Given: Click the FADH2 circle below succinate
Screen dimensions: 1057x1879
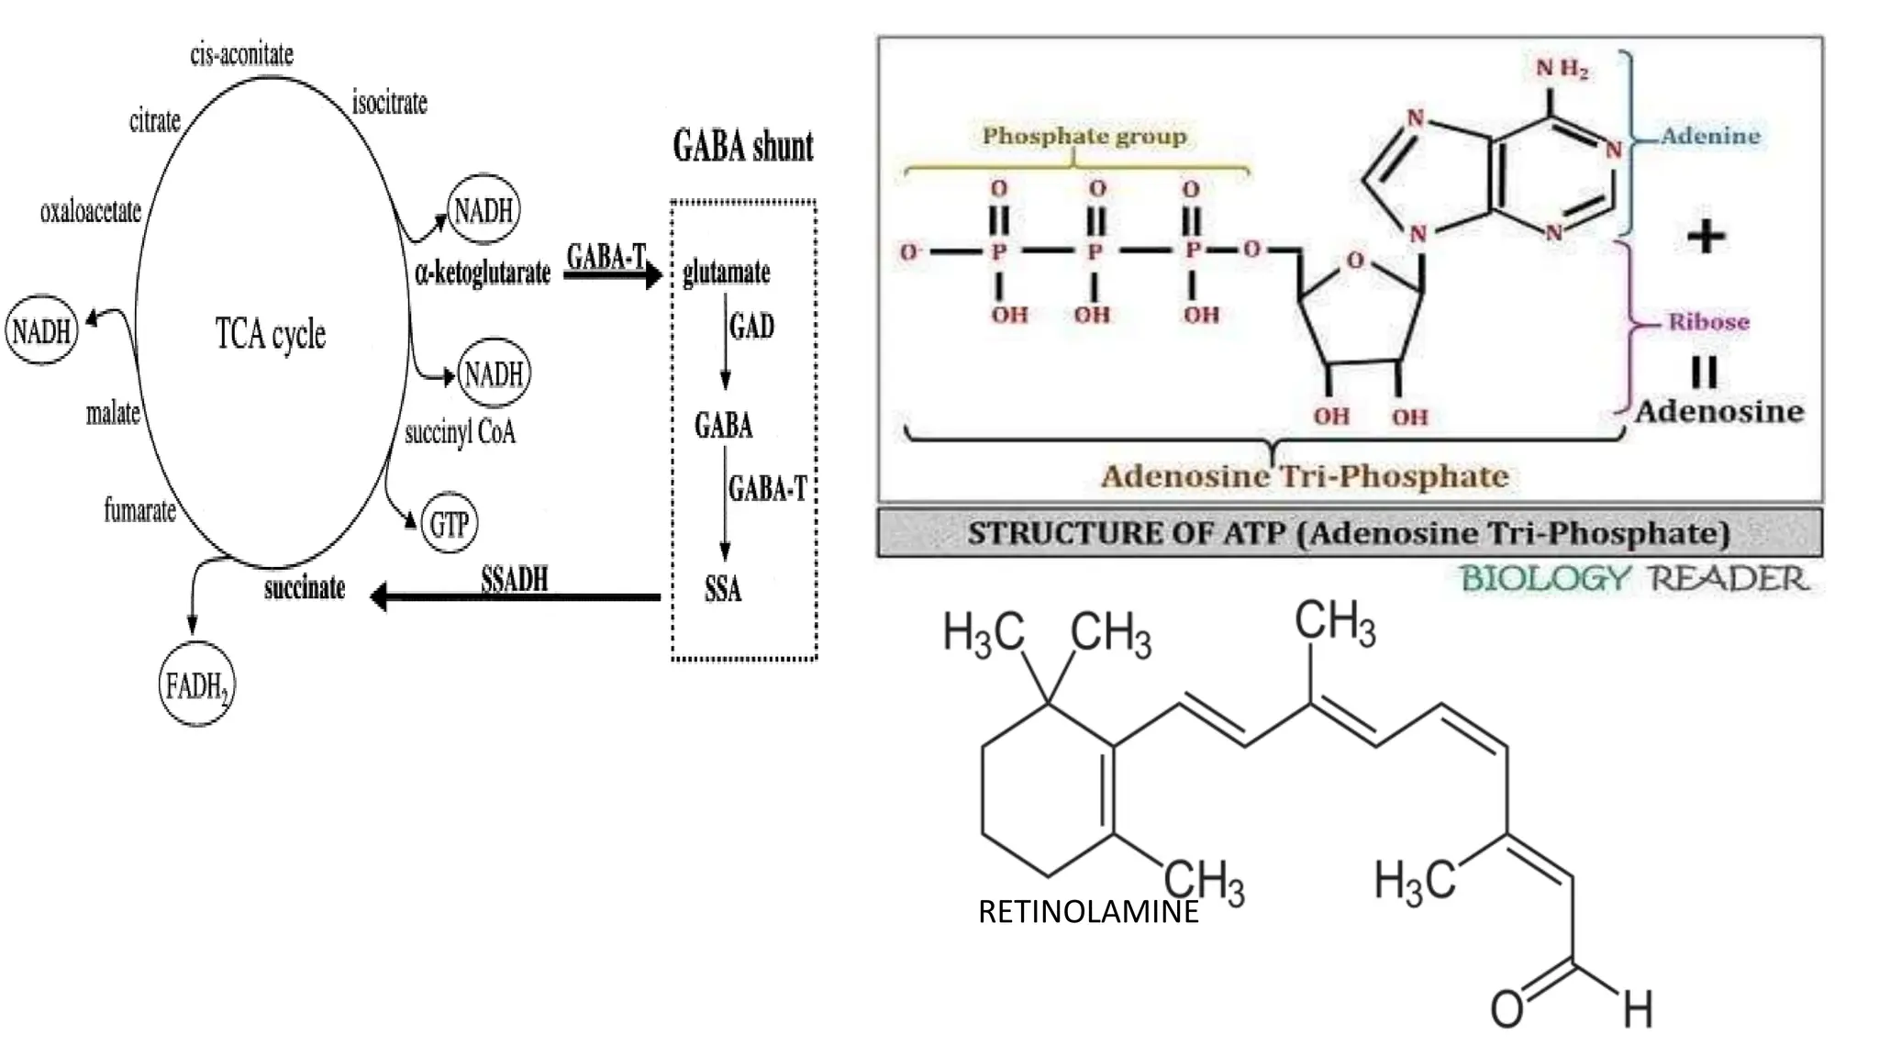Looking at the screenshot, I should (x=196, y=684).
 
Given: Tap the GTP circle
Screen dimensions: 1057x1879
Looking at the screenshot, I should (x=450, y=524).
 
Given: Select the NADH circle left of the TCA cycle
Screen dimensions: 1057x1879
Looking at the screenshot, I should (x=41, y=330).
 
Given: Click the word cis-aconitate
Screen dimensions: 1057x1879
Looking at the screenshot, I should (x=241, y=54).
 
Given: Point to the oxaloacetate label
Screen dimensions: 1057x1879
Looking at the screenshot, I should (x=90, y=212).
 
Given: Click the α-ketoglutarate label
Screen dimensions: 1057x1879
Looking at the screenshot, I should (x=483, y=273).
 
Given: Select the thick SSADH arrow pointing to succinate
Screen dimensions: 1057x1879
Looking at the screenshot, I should (x=515, y=597).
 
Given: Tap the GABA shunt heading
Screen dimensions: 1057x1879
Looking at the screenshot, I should (x=743, y=147).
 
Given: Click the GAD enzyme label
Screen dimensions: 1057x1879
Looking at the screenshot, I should (x=751, y=326).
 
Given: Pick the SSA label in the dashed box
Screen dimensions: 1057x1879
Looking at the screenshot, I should (x=723, y=589).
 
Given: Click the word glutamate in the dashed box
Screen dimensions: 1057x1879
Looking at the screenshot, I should (x=726, y=273).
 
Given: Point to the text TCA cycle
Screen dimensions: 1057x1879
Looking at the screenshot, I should (x=271, y=333).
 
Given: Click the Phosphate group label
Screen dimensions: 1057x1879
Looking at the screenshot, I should (x=1084, y=136).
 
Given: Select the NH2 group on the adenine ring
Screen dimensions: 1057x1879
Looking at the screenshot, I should (x=1562, y=69).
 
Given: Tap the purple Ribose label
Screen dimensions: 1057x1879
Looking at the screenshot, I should (x=1708, y=322).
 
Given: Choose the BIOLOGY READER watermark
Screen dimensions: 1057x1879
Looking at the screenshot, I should (x=1634, y=579).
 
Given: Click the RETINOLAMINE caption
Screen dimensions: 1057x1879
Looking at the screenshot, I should (x=1088, y=912).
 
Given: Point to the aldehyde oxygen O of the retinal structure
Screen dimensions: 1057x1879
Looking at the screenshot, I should (x=1507, y=1008).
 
